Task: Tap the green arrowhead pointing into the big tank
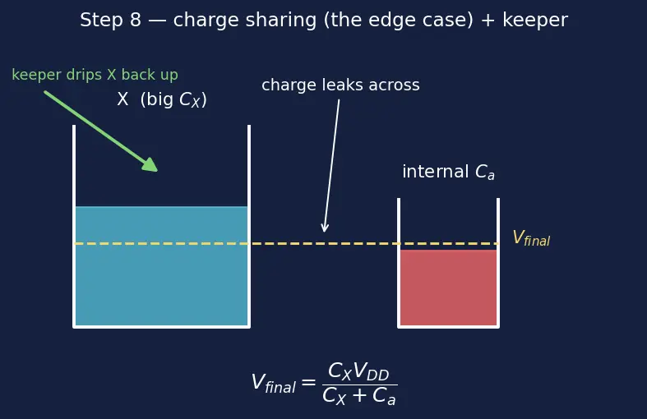[x=150, y=165]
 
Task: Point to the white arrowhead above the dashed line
[x=325, y=228]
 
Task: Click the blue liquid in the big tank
[x=161, y=265]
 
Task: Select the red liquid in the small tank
[x=449, y=287]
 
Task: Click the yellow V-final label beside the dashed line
[x=531, y=238]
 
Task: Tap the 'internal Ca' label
[x=449, y=172]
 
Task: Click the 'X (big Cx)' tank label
[x=162, y=99]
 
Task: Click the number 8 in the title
[x=136, y=21]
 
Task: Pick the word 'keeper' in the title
[x=534, y=21]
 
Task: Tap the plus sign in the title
[x=488, y=21]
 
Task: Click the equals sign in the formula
[x=308, y=383]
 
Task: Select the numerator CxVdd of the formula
[x=358, y=371]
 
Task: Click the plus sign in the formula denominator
[x=359, y=395]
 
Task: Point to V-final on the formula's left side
[x=274, y=383]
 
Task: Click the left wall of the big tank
[x=74, y=226]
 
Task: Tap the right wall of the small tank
[x=498, y=263]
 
